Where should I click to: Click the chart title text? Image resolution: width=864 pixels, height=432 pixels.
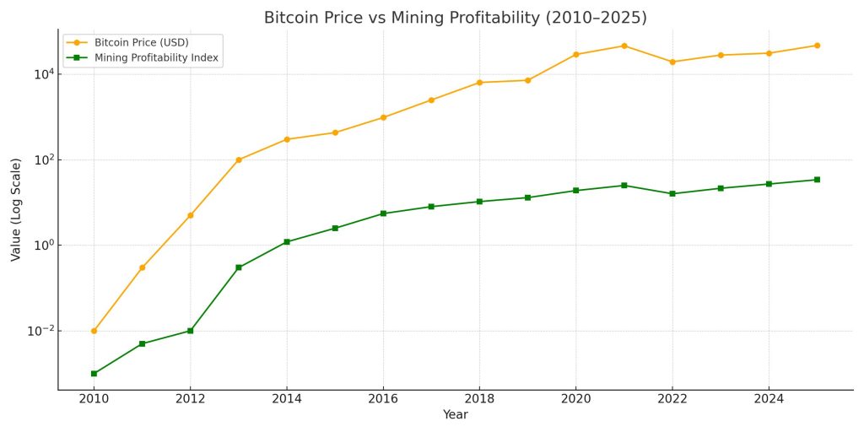(455, 18)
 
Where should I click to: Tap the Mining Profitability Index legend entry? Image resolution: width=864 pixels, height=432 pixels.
(156, 58)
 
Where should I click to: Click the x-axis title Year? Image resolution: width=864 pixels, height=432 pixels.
(455, 415)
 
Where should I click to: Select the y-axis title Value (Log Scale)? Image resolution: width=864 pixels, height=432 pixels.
(16, 209)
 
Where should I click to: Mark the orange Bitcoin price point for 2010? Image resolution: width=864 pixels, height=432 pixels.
(94, 331)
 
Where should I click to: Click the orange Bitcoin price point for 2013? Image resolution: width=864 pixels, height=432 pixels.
(239, 159)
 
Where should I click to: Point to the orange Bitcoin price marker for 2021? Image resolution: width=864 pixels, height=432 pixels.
(624, 46)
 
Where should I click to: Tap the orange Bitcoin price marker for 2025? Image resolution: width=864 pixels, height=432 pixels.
(817, 46)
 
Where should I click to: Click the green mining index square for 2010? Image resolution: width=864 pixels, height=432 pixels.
(94, 374)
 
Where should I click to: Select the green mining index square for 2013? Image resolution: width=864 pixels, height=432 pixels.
(239, 267)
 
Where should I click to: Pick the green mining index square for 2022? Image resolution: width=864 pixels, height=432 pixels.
(672, 194)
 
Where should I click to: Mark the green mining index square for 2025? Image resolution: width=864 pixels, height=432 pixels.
(817, 180)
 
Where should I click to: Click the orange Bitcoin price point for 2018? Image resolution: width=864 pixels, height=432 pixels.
(479, 83)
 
